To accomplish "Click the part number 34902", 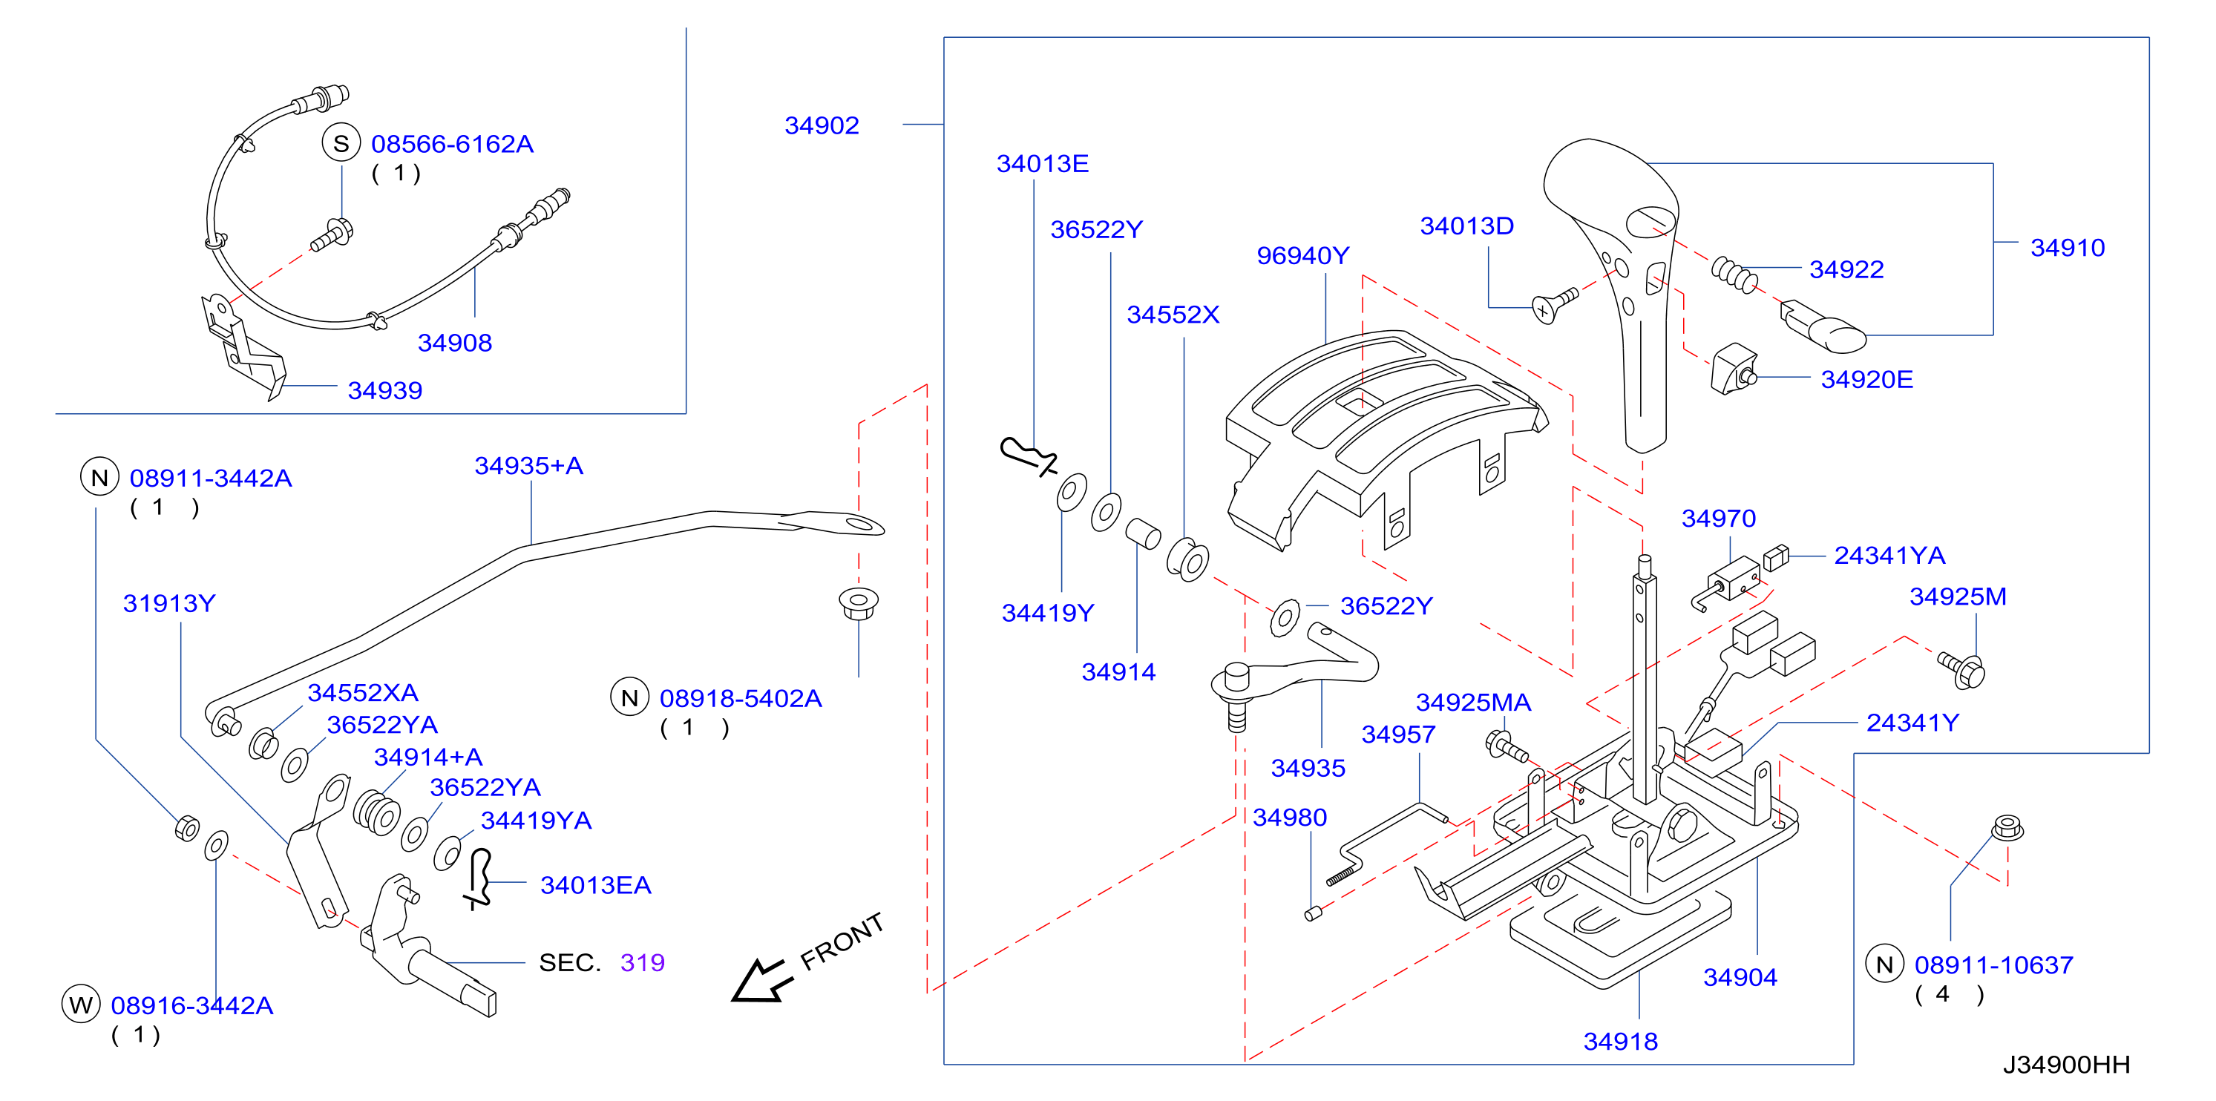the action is [822, 125].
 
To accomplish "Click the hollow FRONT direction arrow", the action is [758, 980].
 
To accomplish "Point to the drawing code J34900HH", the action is [2066, 1065].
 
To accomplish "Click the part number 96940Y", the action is [1302, 255].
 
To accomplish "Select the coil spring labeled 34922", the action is [1734, 275].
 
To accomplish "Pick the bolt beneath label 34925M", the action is [1961, 669].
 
